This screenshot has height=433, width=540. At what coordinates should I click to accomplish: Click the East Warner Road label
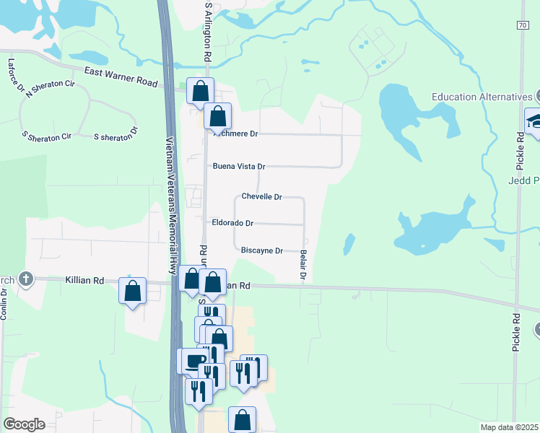click(121, 77)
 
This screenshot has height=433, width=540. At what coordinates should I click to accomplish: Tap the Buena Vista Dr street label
click(239, 167)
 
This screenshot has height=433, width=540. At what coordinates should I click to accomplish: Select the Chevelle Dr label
click(261, 196)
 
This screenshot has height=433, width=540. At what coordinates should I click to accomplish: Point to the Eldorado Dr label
click(232, 224)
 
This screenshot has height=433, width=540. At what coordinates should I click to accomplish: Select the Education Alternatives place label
click(482, 97)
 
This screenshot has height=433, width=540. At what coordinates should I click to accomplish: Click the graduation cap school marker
click(535, 120)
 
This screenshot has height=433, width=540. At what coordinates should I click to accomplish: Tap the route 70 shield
click(522, 25)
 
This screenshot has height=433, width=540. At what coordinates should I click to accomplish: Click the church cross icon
click(25, 279)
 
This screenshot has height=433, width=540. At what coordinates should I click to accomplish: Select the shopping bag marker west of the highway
click(133, 292)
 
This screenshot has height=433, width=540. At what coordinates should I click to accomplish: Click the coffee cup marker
click(194, 361)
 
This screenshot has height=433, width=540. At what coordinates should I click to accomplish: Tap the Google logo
click(24, 424)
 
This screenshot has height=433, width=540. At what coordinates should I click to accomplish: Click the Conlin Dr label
click(4, 306)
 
